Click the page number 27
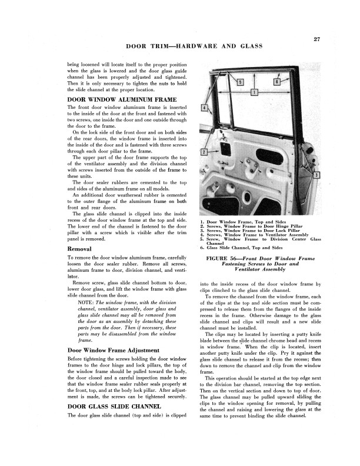point(316,39)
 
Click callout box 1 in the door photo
point(254,92)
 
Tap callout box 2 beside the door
point(204,152)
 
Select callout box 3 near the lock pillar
point(317,176)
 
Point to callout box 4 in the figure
point(204,109)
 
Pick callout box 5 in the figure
point(239,82)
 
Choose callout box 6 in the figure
point(276,82)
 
